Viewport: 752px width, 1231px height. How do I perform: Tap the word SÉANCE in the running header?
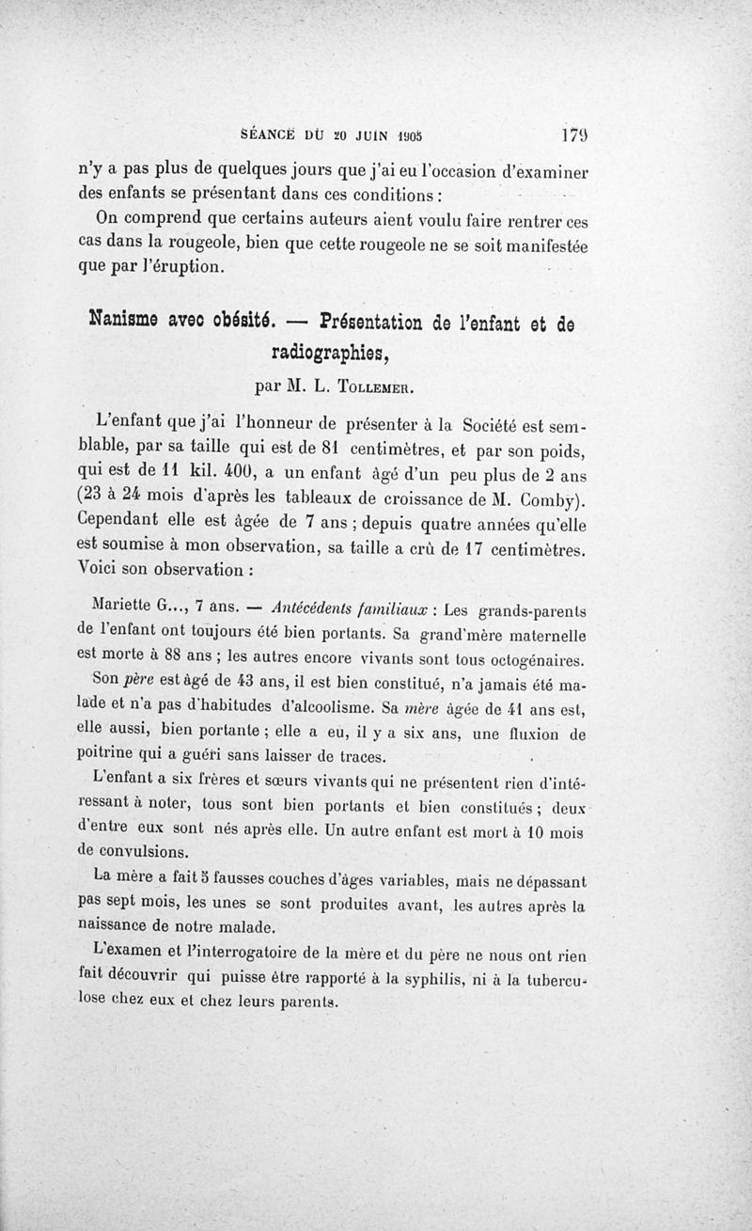(269, 134)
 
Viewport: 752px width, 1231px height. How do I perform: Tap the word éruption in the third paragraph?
(180, 266)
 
